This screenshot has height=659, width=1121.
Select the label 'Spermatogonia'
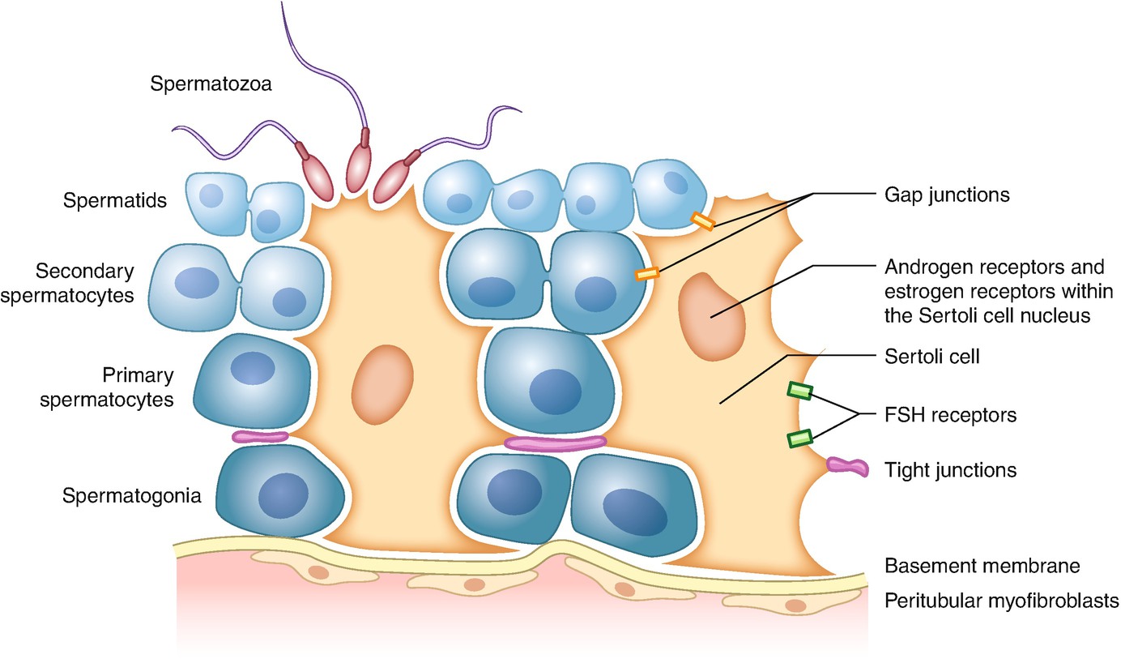131,494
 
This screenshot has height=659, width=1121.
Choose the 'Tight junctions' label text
950,469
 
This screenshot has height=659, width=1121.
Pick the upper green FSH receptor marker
800,391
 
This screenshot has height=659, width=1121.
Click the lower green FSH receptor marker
799,439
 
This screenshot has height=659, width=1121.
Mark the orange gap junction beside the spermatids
701,220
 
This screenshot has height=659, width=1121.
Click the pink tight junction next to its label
847,465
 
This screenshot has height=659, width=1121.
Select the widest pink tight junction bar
555,443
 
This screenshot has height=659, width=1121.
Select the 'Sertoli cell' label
931,355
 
